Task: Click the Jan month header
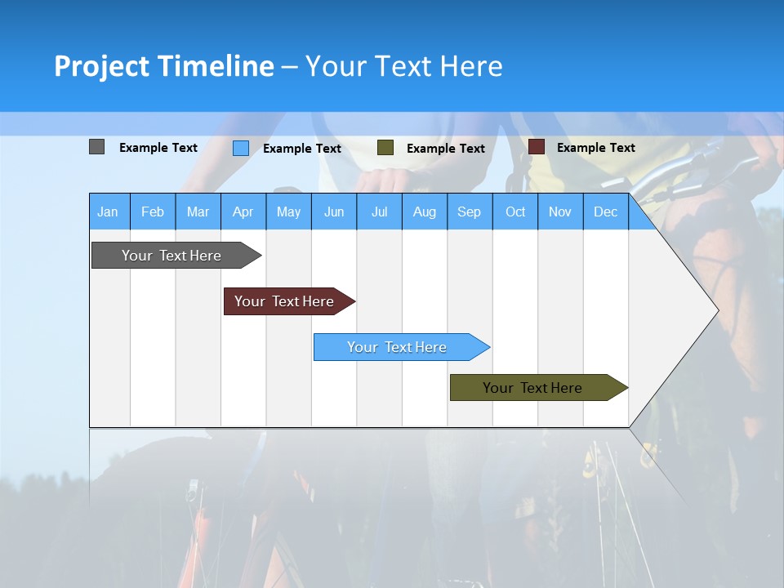pos(108,212)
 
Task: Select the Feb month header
pos(153,212)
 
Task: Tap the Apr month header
pos(243,212)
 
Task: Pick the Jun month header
pos(334,212)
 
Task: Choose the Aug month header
pos(425,212)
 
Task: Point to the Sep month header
pos(470,212)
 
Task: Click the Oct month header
pos(515,212)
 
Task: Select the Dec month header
pos(606,212)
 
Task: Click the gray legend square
pos(97,147)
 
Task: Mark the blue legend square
pos(241,148)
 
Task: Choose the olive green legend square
pos(385,148)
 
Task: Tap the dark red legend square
pos(537,147)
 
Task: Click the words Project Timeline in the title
pos(164,66)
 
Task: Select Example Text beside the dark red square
pos(595,148)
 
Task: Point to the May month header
pos(288,212)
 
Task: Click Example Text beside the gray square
pos(158,148)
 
